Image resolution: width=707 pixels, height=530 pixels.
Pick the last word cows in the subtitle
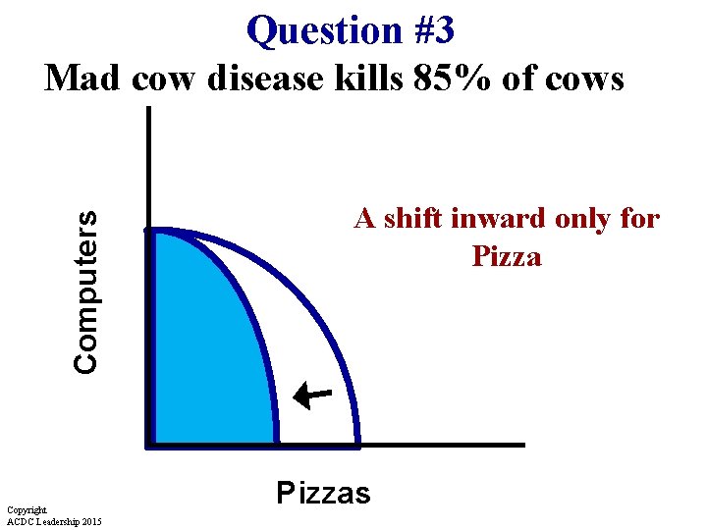[581, 77]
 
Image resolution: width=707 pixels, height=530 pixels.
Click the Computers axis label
[86, 291]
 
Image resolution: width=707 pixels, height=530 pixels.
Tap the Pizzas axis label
[323, 492]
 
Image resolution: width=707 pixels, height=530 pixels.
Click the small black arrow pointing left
[313, 395]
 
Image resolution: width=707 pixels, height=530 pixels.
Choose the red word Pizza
[507, 257]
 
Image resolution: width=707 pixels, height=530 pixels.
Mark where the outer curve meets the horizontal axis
[357, 445]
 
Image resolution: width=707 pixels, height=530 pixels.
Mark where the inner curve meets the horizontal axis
[276, 445]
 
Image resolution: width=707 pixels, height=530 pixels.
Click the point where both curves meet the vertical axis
[149, 230]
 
